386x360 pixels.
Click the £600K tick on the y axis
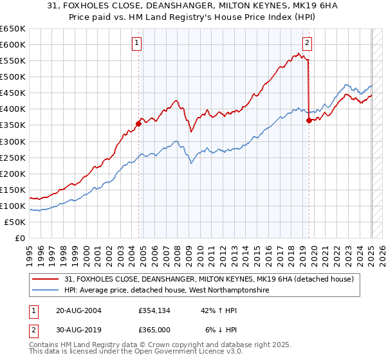pos(13,44)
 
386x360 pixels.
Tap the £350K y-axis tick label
pos(13,125)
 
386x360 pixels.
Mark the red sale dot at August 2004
pos(138,123)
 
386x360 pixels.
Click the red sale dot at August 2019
pos(309,120)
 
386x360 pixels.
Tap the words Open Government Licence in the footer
pos(184,352)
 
